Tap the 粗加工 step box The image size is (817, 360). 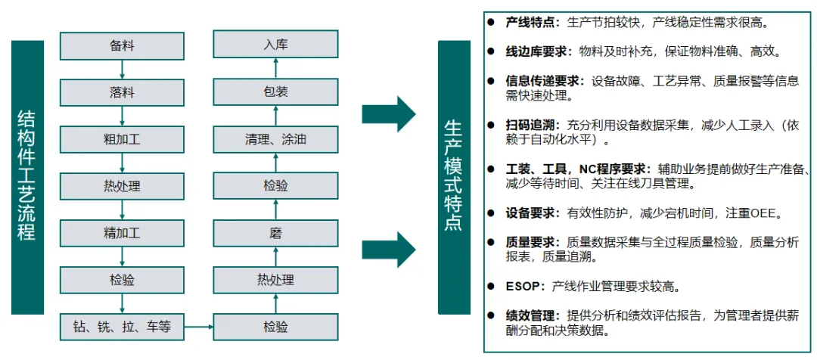(122, 139)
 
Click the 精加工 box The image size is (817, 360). (122, 232)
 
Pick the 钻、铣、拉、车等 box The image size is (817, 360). (122, 327)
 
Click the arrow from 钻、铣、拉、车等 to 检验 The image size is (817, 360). (199, 327)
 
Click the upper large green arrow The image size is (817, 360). (388, 114)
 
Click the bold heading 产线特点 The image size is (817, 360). (532, 22)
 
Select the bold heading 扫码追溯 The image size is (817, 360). (532, 125)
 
